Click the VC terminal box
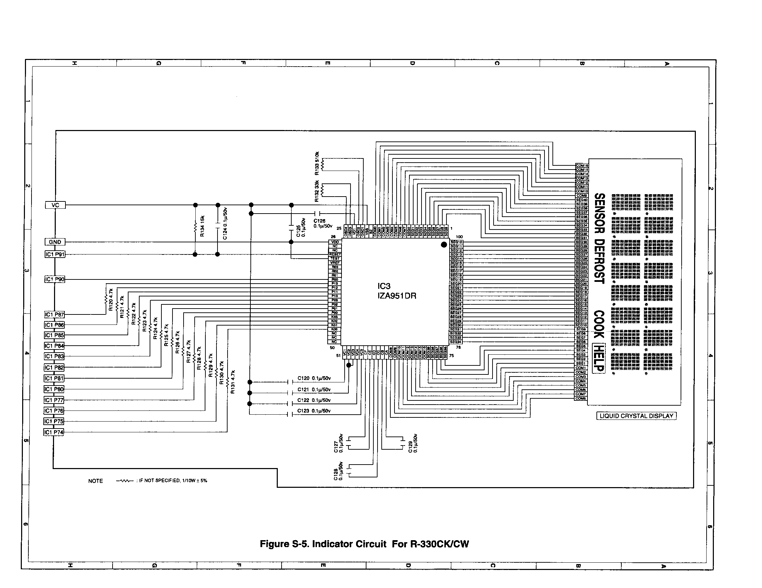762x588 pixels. (55, 205)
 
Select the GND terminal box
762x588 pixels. (55, 242)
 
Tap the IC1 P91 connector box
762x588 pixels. (55, 254)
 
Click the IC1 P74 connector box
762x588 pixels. (54, 432)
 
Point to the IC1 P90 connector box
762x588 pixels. (55, 279)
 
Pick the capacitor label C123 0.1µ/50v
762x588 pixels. (314, 411)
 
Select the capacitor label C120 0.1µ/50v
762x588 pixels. (314, 378)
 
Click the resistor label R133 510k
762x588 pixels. (317, 163)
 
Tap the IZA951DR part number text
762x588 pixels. (397, 296)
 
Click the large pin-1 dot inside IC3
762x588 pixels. (444, 245)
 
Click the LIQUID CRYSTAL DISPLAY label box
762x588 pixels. (636, 416)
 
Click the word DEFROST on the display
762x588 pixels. (600, 261)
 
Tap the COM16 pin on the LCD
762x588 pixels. (582, 165)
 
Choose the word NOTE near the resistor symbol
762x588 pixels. (96, 481)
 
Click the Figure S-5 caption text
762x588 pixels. (364, 544)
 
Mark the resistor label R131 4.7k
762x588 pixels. (233, 382)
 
